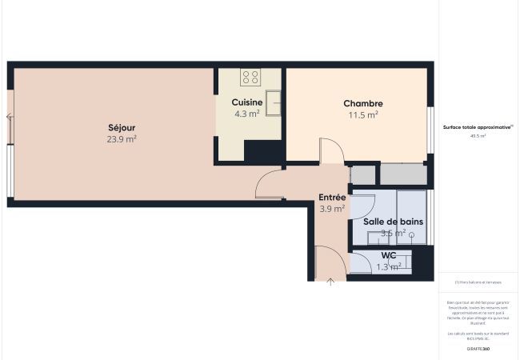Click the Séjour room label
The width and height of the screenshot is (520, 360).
(122, 127)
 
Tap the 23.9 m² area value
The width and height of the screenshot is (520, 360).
(122, 138)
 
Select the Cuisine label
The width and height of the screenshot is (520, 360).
(247, 102)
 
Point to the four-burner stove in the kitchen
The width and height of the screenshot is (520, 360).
(250, 78)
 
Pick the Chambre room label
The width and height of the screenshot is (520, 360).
(362, 103)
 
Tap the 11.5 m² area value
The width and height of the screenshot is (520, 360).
(362, 114)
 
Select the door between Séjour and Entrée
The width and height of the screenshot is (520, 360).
(268, 186)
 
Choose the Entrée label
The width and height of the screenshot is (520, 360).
(332, 197)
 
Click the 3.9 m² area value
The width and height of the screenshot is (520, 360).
(332, 209)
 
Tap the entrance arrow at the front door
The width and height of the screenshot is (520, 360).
(331, 281)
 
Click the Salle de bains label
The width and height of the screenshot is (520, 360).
(393, 222)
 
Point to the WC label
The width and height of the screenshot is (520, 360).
(389, 255)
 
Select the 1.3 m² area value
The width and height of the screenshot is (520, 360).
(389, 266)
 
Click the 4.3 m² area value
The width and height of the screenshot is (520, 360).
(247, 114)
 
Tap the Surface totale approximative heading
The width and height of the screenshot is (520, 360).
(478, 126)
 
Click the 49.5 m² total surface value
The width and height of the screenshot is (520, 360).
(478, 136)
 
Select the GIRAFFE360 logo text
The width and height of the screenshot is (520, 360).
(478, 350)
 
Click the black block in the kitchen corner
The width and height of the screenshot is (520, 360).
(263, 151)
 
